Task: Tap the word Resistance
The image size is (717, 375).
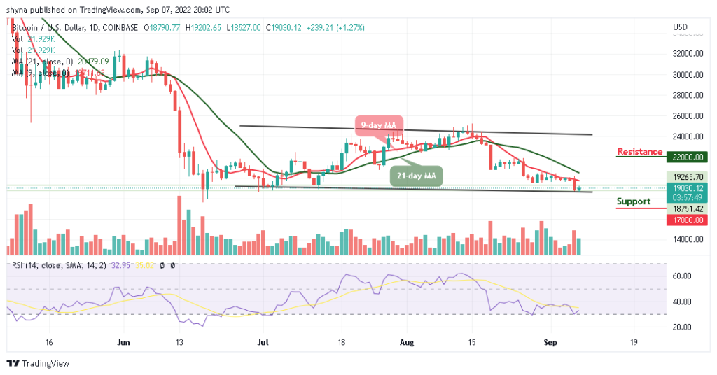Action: click(639, 152)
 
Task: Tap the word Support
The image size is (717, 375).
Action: click(633, 201)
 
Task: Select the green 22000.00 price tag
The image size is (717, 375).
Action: click(686, 157)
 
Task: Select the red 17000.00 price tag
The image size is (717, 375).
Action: click(686, 219)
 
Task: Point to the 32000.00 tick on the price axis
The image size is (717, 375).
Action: click(686, 53)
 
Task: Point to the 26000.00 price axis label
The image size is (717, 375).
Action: click(686, 115)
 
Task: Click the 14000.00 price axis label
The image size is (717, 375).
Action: click(686, 239)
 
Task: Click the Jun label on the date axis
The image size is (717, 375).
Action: click(123, 343)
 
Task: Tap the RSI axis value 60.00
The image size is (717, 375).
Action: click(684, 276)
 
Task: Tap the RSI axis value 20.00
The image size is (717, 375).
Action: click(684, 327)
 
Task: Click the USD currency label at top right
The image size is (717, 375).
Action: click(678, 27)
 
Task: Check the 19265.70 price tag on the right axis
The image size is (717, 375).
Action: click(686, 177)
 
